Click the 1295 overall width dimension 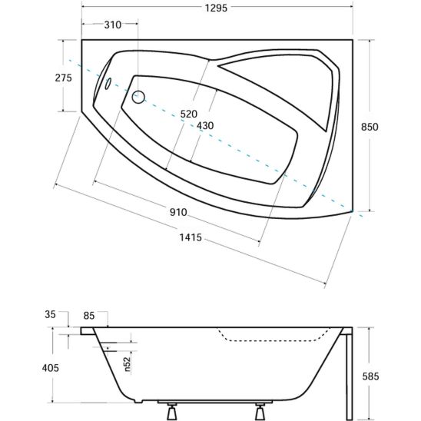tap(216, 8)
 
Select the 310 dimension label tap(113, 25)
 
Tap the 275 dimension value tap(64, 78)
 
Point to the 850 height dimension tap(370, 127)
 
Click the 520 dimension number tap(189, 114)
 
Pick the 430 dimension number tap(205, 126)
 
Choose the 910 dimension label tap(178, 212)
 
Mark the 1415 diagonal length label tap(191, 237)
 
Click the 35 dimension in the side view tap(50, 314)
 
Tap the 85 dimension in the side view tap(89, 316)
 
